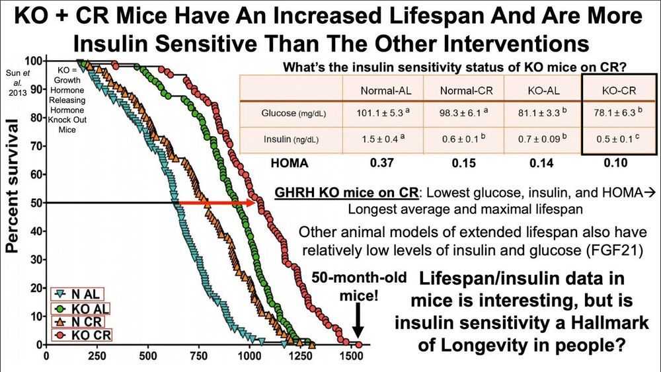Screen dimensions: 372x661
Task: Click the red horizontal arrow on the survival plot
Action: (x=218, y=203)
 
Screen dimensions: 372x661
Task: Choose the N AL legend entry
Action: (x=80, y=293)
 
